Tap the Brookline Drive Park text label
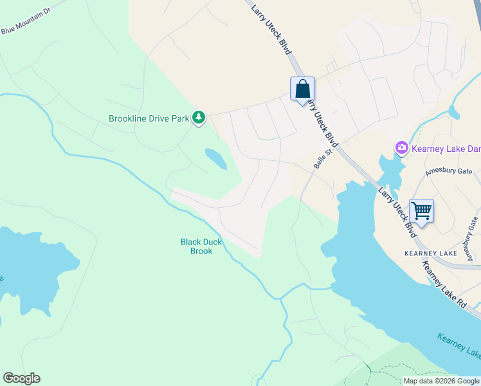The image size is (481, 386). coord(149,118)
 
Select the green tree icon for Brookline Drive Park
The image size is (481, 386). coord(199,117)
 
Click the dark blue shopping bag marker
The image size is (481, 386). coord(303,89)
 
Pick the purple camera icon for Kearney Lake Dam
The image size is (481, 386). coord(402,149)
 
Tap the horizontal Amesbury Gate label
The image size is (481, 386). coord(449,172)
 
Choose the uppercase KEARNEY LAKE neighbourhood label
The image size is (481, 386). coord(431,253)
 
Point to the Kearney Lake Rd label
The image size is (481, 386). coord(446,290)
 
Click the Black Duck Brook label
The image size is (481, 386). coord(201,246)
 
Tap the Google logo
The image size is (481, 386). coord(21,378)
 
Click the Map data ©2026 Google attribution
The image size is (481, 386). coord(441,381)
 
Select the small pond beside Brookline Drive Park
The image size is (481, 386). coord(215,159)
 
